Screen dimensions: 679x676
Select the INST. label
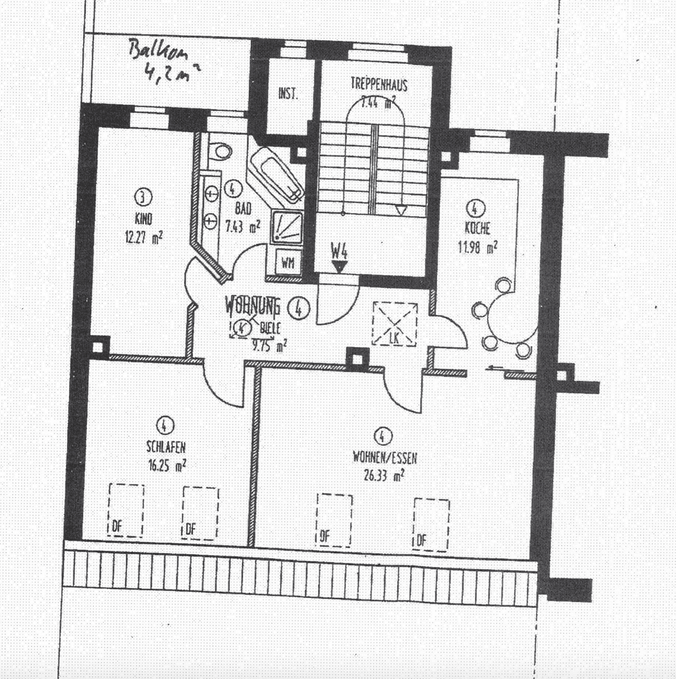coord(288,94)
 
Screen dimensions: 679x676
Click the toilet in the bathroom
coord(221,151)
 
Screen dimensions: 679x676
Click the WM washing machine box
coord(288,262)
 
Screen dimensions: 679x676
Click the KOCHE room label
coord(477,229)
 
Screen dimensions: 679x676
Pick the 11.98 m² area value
coord(477,246)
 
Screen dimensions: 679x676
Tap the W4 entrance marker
coord(339,253)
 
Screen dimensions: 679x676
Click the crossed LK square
coord(395,323)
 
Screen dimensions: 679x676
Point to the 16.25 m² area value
coord(165,466)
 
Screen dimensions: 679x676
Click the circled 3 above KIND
coord(144,198)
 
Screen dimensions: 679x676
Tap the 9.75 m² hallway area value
coord(270,344)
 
